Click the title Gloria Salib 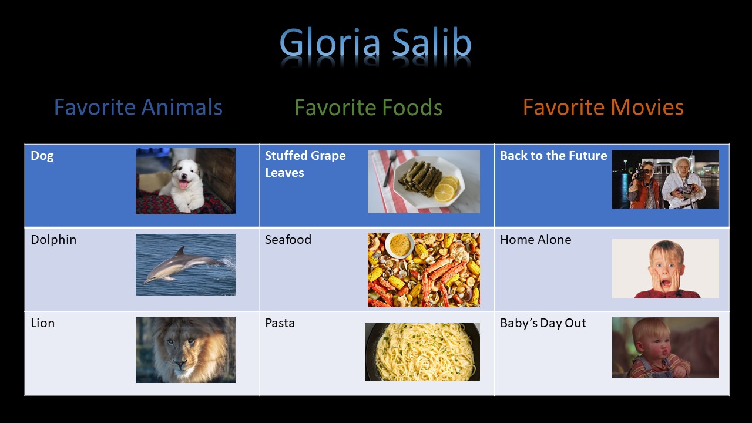pyautogui.click(x=375, y=43)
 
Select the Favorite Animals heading pyautogui.click(x=138, y=107)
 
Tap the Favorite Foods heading pyautogui.click(x=368, y=107)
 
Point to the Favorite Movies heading pyautogui.click(x=603, y=107)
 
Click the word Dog pyautogui.click(x=42, y=156)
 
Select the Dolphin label pyautogui.click(x=53, y=240)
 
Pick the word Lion pyautogui.click(x=43, y=323)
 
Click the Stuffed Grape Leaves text pyautogui.click(x=305, y=164)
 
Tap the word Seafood pyautogui.click(x=288, y=240)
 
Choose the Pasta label pyautogui.click(x=280, y=323)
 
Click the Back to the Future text pyautogui.click(x=553, y=156)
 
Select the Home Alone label pyautogui.click(x=535, y=240)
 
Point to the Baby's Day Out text pyautogui.click(x=543, y=323)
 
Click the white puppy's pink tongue pyautogui.click(x=183, y=184)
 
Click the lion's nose pyautogui.click(x=180, y=363)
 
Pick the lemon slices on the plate pyautogui.click(x=446, y=189)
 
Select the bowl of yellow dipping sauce pyautogui.click(x=399, y=245)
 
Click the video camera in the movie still pyautogui.click(x=640, y=172)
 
